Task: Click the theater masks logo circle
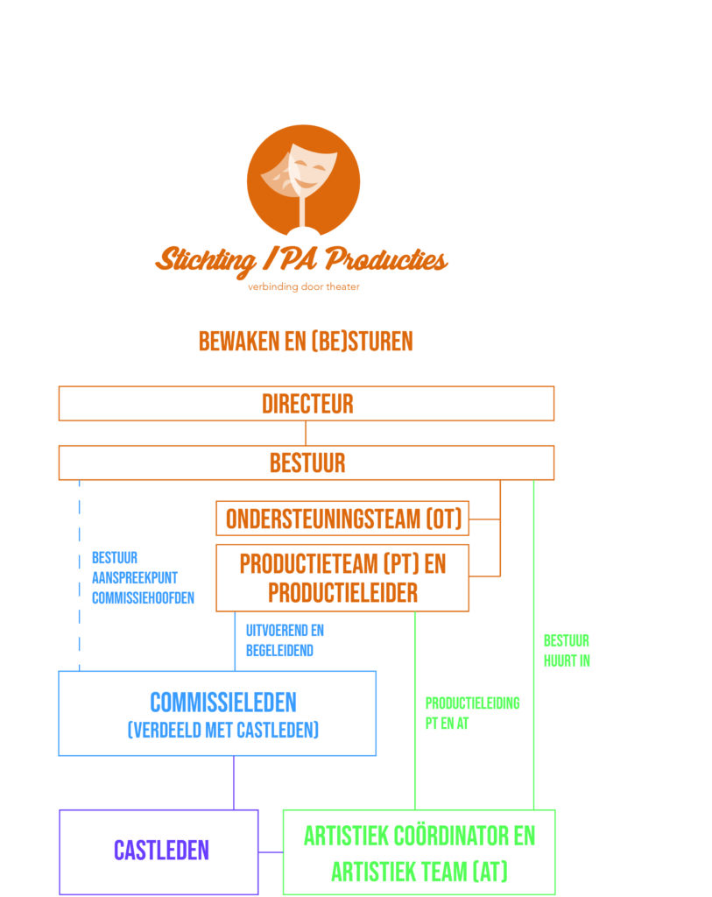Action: [x=303, y=180]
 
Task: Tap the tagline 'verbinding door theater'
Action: [x=303, y=286]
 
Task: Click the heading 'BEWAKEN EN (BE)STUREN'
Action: [x=306, y=341]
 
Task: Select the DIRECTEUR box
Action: [x=307, y=404]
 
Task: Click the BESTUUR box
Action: [x=307, y=463]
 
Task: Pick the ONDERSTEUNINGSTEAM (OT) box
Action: [x=342, y=518]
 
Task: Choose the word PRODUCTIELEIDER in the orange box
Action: [x=342, y=593]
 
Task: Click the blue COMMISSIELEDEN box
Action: [x=217, y=713]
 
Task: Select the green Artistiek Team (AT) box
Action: [x=419, y=851]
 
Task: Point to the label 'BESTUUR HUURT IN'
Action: [x=567, y=651]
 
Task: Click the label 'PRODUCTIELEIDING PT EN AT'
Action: [x=472, y=713]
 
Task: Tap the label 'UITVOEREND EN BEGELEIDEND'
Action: [x=285, y=640]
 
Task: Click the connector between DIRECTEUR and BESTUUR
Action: [x=306, y=433]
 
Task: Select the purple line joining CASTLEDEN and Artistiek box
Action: [x=271, y=851]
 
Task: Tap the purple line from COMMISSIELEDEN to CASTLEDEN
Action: [x=234, y=782]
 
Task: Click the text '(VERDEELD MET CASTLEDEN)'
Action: [x=222, y=730]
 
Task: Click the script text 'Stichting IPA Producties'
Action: [x=301, y=259]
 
